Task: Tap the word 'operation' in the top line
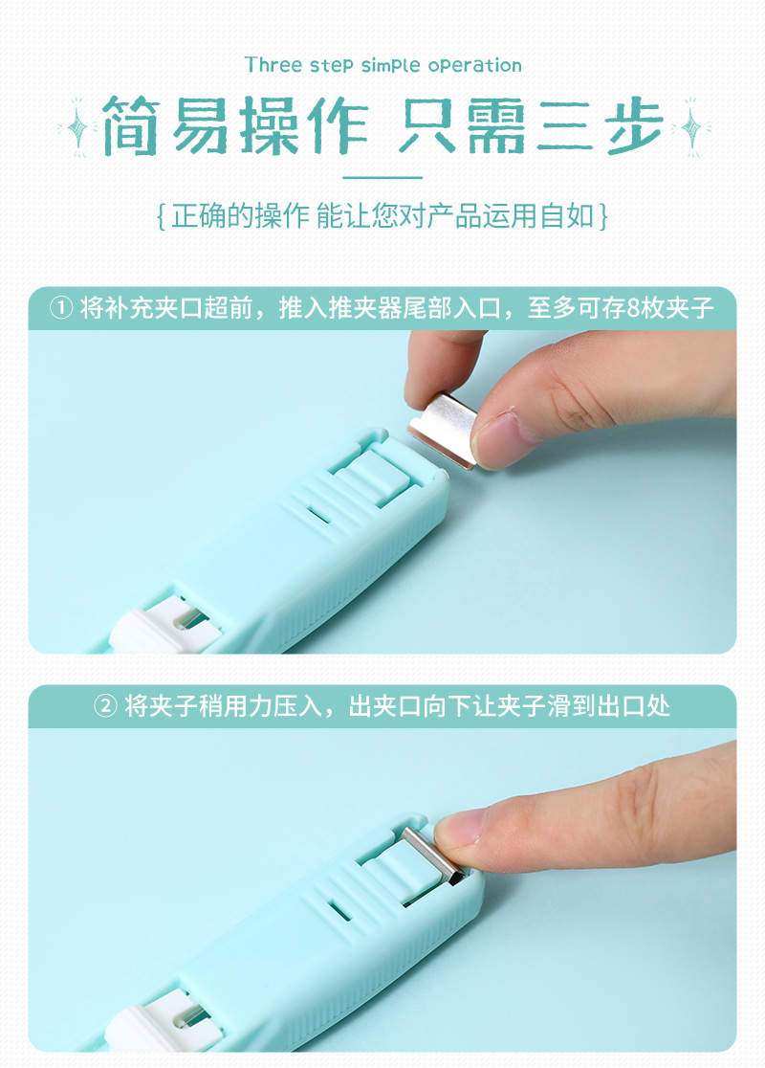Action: (x=474, y=66)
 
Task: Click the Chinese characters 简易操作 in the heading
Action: (x=234, y=125)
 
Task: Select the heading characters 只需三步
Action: (x=531, y=125)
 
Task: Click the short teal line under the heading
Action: (x=382, y=177)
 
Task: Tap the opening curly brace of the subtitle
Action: (x=162, y=215)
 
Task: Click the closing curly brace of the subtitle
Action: (x=602, y=215)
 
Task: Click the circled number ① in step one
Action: (x=61, y=309)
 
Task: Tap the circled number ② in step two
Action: (x=105, y=707)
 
